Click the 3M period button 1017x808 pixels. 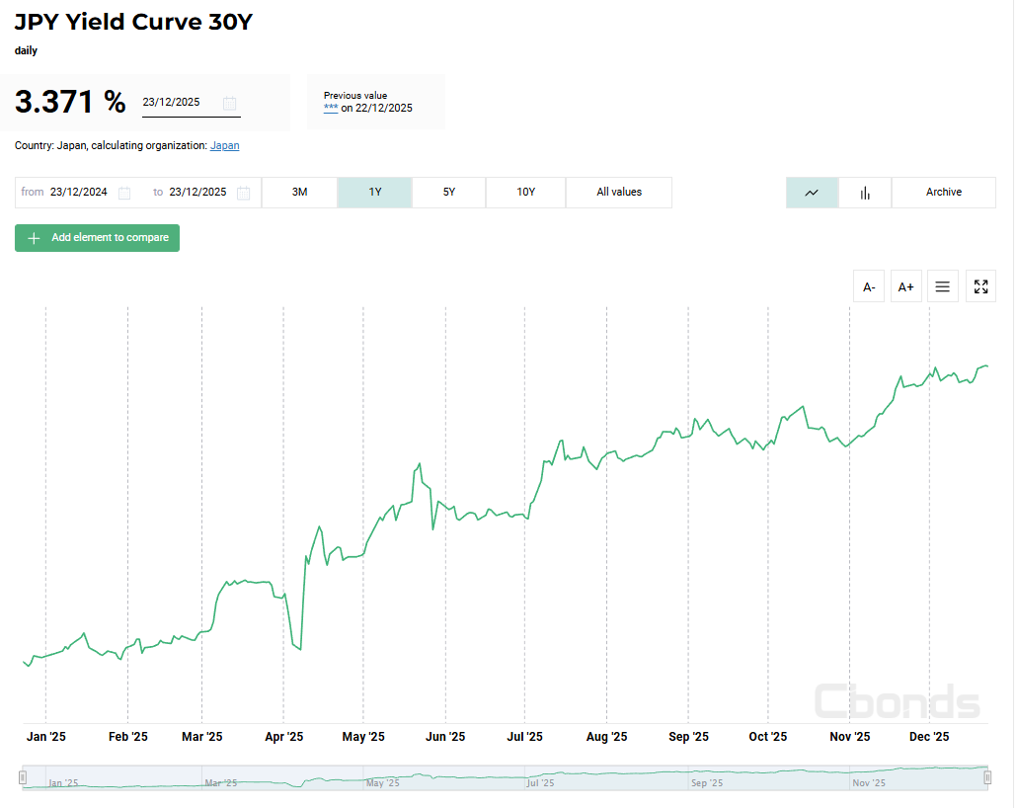pyautogui.click(x=300, y=192)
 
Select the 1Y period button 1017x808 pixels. pyautogui.click(x=375, y=192)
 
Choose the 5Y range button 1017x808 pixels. pyautogui.click(x=449, y=192)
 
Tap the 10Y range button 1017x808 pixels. pyautogui.click(x=526, y=192)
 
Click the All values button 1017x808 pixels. pyautogui.click(x=619, y=192)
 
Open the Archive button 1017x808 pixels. pyautogui.click(x=944, y=192)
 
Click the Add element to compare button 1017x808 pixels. pyautogui.click(x=97, y=238)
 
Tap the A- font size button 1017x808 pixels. pyautogui.click(x=869, y=286)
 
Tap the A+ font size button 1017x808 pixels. pyautogui.click(x=905, y=286)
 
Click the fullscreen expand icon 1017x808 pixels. pyautogui.click(x=980, y=286)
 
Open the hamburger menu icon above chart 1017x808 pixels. pyautogui.click(x=943, y=286)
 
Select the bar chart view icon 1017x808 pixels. pyautogui.click(x=865, y=193)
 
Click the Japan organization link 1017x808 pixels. pyautogui.click(x=224, y=145)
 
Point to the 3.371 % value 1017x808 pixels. pyautogui.click(x=70, y=102)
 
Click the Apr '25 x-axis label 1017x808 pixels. pyautogui.click(x=283, y=737)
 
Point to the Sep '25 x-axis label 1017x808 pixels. pyautogui.click(x=688, y=737)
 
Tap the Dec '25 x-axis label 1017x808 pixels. pyautogui.click(x=929, y=737)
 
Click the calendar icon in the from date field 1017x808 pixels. pyautogui.click(x=124, y=193)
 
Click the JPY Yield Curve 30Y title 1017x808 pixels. pyautogui.click(x=133, y=22)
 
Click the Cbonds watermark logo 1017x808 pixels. pyautogui.click(x=898, y=701)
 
